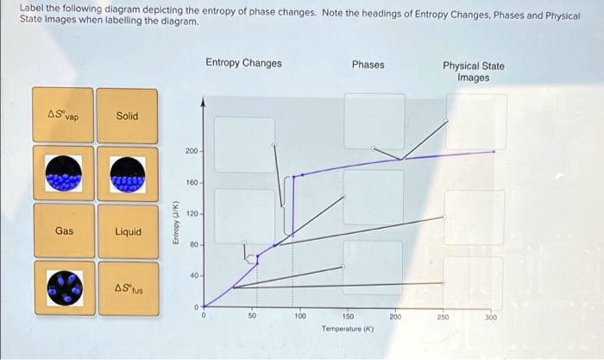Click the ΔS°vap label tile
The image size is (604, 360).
(65, 116)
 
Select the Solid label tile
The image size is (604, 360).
(127, 116)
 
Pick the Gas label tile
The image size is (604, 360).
(65, 231)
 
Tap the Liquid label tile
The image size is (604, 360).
(128, 231)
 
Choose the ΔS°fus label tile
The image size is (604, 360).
(128, 287)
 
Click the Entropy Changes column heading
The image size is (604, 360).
(243, 63)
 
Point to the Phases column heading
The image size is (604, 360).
(368, 65)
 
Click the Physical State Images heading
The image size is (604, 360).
(473, 72)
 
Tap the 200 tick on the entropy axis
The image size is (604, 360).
(192, 151)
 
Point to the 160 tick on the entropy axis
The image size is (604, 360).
(192, 182)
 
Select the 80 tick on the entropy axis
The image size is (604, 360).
(193, 245)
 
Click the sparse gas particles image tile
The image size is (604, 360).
(65, 288)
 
